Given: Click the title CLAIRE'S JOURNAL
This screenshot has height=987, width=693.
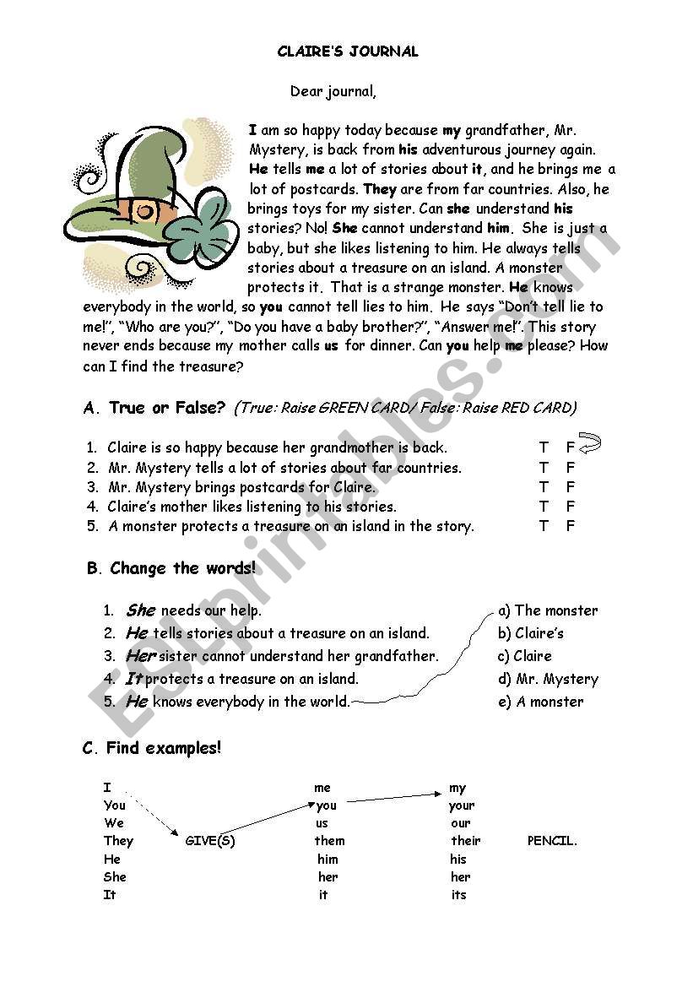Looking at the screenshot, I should tap(348, 52).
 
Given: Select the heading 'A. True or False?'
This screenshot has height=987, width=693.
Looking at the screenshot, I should tap(154, 409).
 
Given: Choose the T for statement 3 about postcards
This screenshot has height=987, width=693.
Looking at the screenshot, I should tap(544, 487).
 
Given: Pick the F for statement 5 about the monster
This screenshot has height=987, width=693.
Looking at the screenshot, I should tap(571, 526).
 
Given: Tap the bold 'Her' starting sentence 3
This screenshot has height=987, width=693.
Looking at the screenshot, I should tap(141, 656).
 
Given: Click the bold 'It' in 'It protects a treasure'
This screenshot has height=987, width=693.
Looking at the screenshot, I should tap(133, 679).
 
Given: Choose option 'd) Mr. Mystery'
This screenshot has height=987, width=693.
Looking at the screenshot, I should tap(548, 679).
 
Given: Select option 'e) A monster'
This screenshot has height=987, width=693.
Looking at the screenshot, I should tap(540, 702).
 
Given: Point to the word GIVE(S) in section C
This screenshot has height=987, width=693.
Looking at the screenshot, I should tap(209, 841).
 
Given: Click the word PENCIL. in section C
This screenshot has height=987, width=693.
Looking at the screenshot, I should tap(552, 841).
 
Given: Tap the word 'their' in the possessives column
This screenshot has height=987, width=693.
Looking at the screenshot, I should tap(465, 841).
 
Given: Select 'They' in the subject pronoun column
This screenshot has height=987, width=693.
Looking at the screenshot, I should tap(118, 841).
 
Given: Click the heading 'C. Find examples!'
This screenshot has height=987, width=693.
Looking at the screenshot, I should tap(152, 748).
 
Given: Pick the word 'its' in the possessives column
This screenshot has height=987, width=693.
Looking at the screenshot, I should tap(458, 895).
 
